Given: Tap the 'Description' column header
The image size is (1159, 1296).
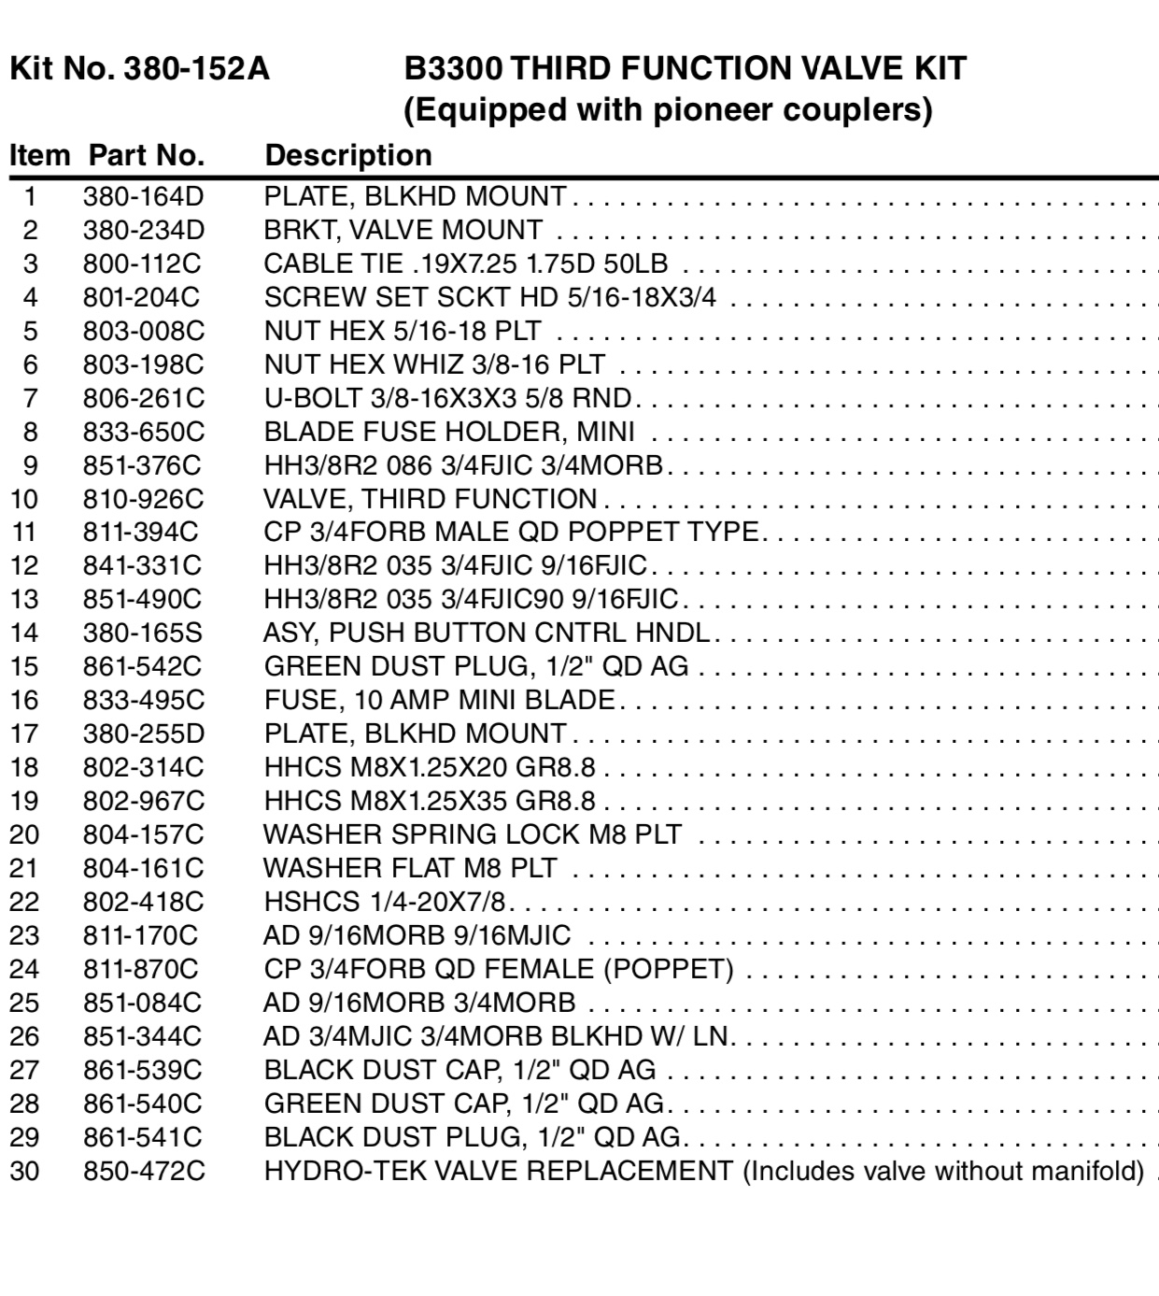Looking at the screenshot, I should [348, 155].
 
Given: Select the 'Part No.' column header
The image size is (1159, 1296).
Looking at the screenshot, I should [147, 155].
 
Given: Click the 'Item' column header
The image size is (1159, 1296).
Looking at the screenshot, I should [39, 155].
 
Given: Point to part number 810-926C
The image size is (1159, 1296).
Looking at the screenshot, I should [143, 499].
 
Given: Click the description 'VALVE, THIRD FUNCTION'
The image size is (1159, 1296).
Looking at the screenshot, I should [430, 499].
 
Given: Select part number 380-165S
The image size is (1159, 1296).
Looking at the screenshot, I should [142, 634].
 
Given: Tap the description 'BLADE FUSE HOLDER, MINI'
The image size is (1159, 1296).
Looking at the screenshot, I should [449, 432].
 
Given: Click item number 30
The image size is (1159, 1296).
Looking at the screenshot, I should [25, 1171].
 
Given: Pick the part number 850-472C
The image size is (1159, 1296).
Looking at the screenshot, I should [143, 1171].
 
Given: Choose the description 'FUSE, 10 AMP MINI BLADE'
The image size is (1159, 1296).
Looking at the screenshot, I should [439, 700].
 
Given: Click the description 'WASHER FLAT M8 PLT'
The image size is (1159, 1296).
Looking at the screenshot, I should [410, 868].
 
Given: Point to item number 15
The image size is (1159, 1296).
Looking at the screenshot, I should [25, 667].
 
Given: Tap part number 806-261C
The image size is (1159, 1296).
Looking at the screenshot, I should [143, 398].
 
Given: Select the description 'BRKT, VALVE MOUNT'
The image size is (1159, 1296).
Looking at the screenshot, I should [403, 230].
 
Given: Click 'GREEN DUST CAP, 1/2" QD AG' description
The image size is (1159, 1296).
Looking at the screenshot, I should [463, 1104].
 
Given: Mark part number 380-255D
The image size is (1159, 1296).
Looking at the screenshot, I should [143, 733].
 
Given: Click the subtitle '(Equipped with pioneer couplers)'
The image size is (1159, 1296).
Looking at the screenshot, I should [668, 110].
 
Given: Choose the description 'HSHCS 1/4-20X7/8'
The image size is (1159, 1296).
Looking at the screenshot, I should [390, 902].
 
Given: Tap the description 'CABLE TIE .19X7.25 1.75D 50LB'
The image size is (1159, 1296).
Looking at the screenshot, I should [465, 263].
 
